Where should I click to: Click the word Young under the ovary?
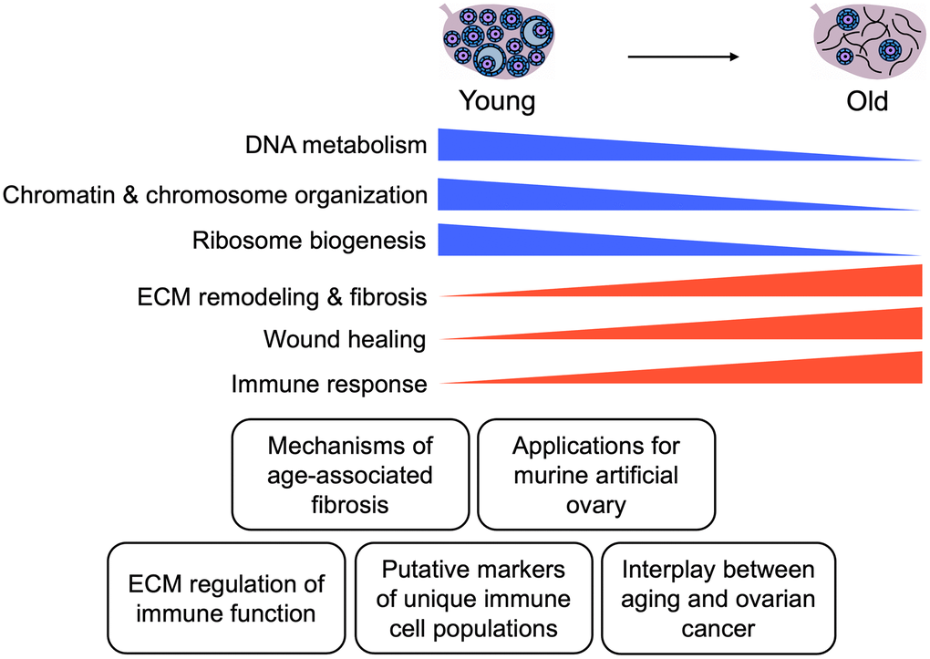(x=497, y=100)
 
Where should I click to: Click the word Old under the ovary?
(x=866, y=100)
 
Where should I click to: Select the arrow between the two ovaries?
(x=682, y=57)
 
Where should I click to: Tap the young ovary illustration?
(x=498, y=41)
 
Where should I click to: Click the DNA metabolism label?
(x=336, y=144)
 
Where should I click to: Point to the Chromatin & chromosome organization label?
(x=215, y=194)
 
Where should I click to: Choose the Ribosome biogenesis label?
(x=309, y=241)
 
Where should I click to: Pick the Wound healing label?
(x=345, y=339)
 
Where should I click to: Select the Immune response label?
(x=328, y=384)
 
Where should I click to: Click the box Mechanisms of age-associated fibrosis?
(x=351, y=474)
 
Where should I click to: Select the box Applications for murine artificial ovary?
(x=595, y=474)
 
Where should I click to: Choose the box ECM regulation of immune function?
(x=226, y=598)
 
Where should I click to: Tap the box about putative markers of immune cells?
(x=473, y=598)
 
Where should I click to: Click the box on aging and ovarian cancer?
(x=718, y=598)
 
